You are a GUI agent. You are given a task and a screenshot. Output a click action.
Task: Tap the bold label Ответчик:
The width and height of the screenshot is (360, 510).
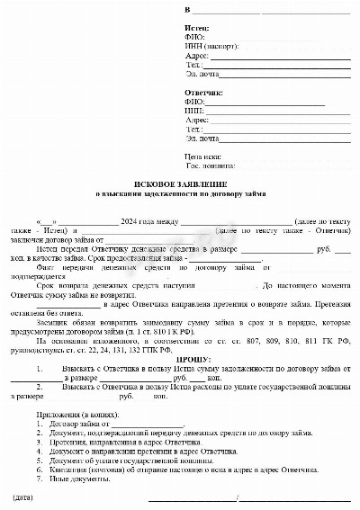[203, 93]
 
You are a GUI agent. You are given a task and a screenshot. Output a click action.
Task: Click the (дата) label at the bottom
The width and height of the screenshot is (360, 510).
[24, 497]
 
